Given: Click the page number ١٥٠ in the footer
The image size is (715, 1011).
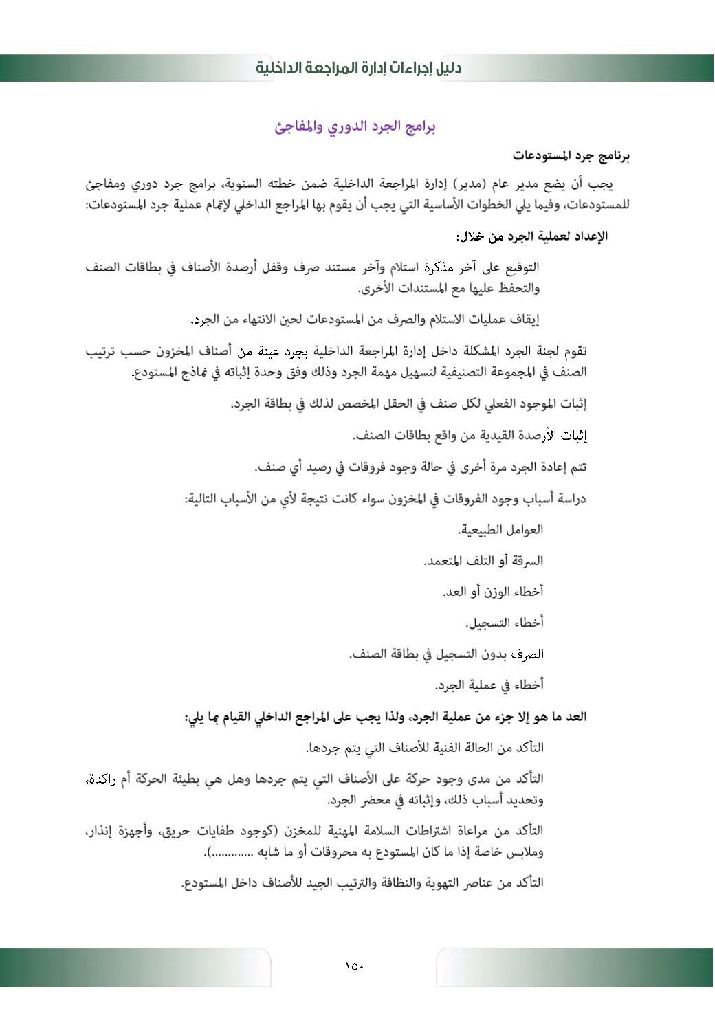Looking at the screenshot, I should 354,967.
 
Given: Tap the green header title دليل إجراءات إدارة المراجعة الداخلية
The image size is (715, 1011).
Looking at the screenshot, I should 358,68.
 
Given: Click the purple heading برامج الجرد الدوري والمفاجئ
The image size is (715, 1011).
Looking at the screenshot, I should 355,127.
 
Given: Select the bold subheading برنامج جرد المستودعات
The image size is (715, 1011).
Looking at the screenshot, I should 571,156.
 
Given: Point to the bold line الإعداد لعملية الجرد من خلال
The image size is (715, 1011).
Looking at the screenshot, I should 531,236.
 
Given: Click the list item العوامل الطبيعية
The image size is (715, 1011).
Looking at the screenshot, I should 500,530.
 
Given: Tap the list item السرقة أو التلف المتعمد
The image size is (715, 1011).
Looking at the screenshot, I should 483,561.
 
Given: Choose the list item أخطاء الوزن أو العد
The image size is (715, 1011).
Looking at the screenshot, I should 493,592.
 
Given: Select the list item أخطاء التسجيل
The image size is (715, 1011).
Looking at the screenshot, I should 505,623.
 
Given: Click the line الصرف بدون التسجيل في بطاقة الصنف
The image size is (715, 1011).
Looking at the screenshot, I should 446,654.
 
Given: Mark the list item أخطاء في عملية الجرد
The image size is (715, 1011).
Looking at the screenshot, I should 489,685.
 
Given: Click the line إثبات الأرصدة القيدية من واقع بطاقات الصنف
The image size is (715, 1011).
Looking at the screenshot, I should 470,436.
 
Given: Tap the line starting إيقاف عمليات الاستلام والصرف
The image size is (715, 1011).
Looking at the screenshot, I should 365,320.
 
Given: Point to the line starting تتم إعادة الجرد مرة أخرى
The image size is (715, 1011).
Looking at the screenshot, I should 421,467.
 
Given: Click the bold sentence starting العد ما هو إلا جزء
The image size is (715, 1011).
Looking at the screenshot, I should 385,717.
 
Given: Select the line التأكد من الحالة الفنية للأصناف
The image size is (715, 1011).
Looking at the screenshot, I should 425,748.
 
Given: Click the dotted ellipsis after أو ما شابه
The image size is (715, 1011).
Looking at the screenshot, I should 233,853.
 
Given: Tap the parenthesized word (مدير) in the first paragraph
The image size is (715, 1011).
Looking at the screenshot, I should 470,184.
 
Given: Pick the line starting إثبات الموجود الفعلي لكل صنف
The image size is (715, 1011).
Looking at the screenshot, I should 408,404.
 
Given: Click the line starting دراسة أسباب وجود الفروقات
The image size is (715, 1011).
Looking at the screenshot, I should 385,498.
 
